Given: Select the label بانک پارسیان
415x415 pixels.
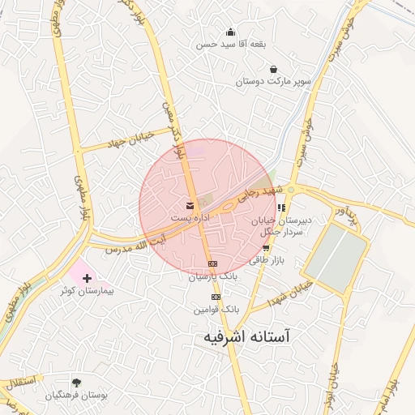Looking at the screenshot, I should tap(212, 276).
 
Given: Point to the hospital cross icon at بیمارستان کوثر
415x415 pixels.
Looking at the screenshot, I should tap(88, 278).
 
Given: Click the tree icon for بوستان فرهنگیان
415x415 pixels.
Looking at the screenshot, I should tap(77, 382).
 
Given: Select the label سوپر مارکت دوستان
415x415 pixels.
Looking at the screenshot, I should tap(274, 82).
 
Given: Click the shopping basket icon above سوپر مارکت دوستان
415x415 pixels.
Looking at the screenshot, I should tap(274, 69).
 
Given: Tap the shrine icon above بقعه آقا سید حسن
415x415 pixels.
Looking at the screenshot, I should tap(231, 32).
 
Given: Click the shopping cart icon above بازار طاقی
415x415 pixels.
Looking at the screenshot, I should tap(265, 248).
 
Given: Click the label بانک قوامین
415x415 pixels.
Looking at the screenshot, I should tap(219, 310).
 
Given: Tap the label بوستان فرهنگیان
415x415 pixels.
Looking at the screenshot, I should tap(76, 395).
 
